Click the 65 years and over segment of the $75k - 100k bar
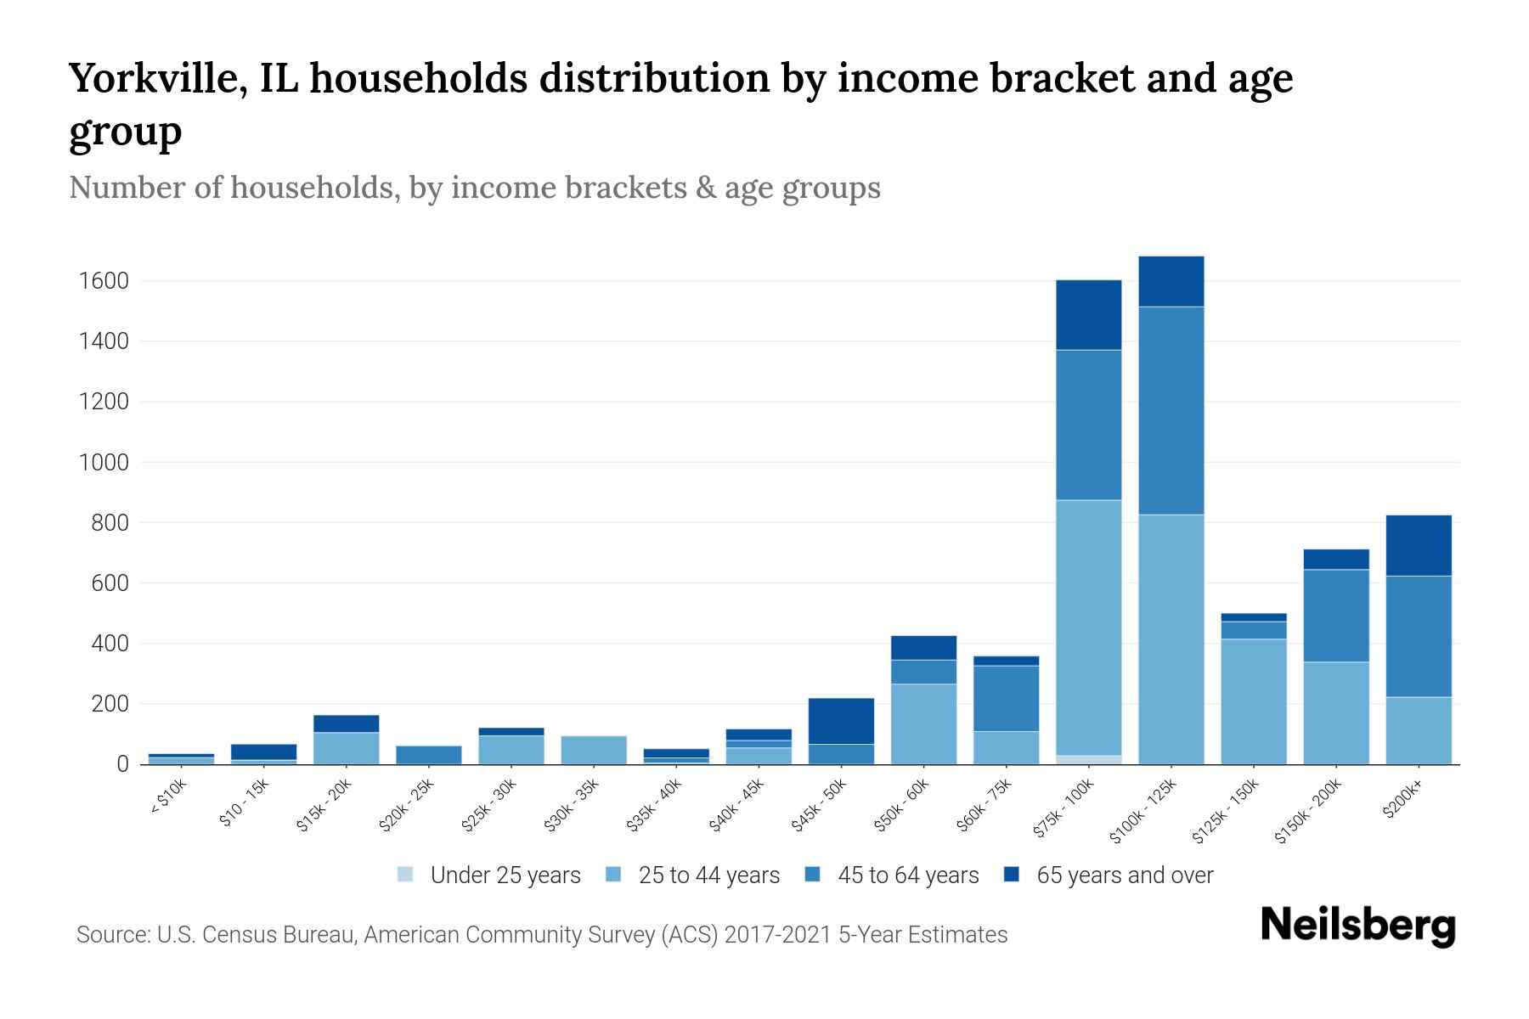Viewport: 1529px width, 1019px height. tap(1088, 314)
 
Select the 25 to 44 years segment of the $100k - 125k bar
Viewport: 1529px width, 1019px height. tap(1171, 639)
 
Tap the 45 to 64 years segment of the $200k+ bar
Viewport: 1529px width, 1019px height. tap(1418, 636)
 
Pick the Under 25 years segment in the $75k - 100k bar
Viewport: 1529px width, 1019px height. tap(1088, 759)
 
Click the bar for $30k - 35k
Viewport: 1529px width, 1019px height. tap(594, 750)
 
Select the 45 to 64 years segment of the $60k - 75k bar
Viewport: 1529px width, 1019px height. tap(1006, 698)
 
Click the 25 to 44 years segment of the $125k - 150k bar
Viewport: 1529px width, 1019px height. tap(1253, 701)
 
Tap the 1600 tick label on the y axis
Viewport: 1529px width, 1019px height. tap(104, 281)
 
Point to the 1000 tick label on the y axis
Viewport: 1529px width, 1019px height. tap(104, 463)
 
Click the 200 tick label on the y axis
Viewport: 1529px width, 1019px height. tap(110, 704)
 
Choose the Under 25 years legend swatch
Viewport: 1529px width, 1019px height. tap(406, 875)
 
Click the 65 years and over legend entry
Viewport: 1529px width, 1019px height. tap(1124, 875)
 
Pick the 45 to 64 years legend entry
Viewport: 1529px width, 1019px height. tap(907, 875)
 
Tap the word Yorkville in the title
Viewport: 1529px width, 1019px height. tap(158, 78)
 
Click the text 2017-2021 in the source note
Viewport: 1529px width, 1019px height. tap(778, 935)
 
